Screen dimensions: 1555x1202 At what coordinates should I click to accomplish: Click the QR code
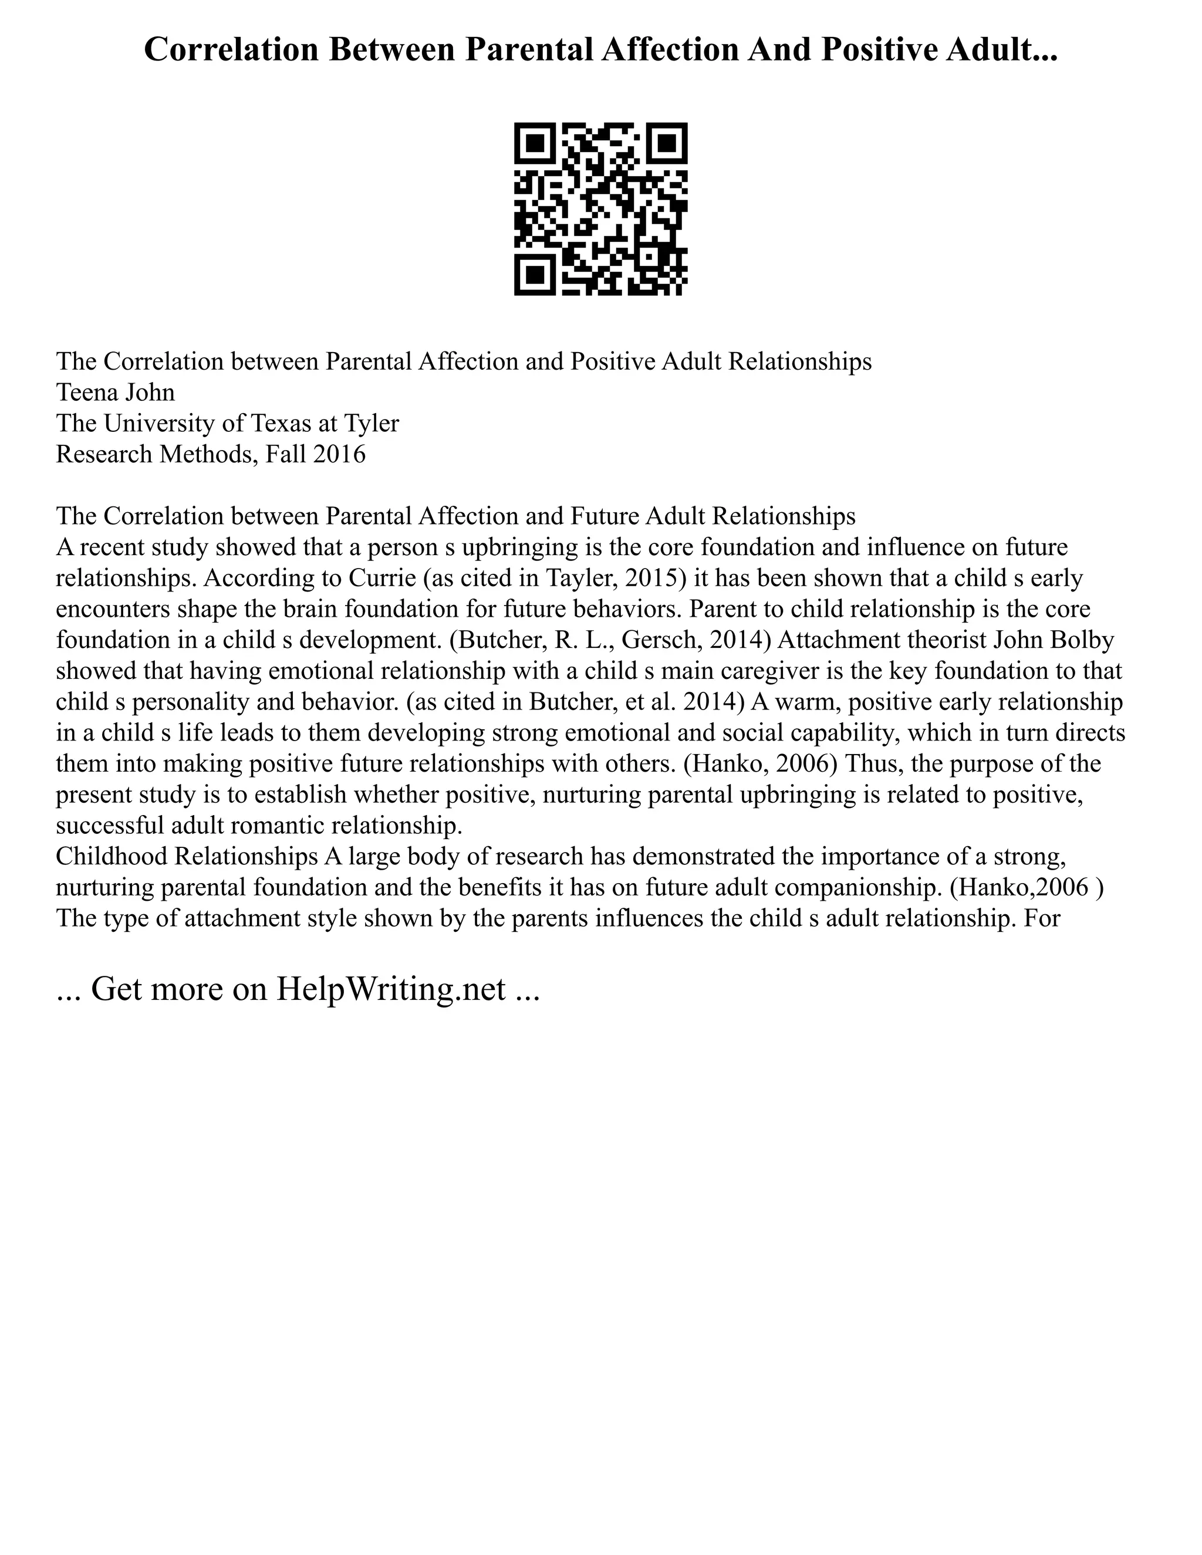pyautogui.click(x=600, y=209)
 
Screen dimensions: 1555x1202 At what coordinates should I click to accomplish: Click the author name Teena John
pyautogui.click(x=116, y=393)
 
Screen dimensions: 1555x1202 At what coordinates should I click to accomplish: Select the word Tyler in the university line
pyautogui.click(x=372, y=424)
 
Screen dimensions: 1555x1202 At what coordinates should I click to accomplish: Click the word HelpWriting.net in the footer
pyautogui.click(x=391, y=989)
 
